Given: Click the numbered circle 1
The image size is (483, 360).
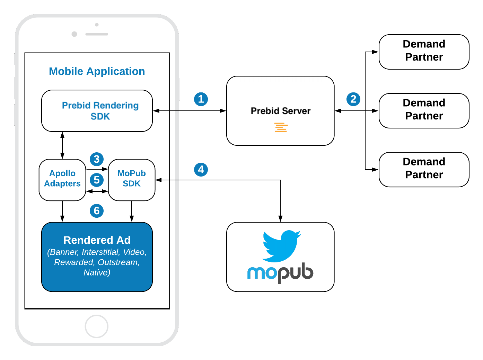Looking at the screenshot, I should tap(201, 99).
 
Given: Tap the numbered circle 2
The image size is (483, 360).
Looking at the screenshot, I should tap(353, 99).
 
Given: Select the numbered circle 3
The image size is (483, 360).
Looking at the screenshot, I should tap(97, 159).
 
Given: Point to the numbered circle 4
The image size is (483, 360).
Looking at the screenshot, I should tap(201, 170).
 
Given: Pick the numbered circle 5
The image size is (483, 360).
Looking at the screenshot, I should tap(97, 180).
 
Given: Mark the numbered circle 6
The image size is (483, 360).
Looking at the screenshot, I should tap(97, 211).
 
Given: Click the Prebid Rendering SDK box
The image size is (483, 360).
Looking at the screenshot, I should tap(97, 111).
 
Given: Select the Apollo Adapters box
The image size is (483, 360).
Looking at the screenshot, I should tap(62, 180).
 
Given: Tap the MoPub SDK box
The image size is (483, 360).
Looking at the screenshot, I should tap(132, 180).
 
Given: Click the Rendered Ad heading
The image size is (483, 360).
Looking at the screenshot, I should tap(97, 240).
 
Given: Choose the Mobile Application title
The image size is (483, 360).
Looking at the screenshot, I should tap(97, 71).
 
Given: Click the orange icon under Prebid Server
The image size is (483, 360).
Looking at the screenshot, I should tap(281, 127).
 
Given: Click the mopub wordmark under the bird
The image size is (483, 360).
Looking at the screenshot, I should tap(280, 273).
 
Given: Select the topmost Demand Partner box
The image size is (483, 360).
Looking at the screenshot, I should tap(424, 52).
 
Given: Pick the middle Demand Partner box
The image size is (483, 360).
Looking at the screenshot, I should tap(424, 111).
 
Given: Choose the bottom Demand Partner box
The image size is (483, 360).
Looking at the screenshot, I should tap(424, 170).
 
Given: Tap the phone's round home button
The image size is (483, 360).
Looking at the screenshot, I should tap(97, 326).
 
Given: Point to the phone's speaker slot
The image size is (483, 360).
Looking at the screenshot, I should tap(97, 34).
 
